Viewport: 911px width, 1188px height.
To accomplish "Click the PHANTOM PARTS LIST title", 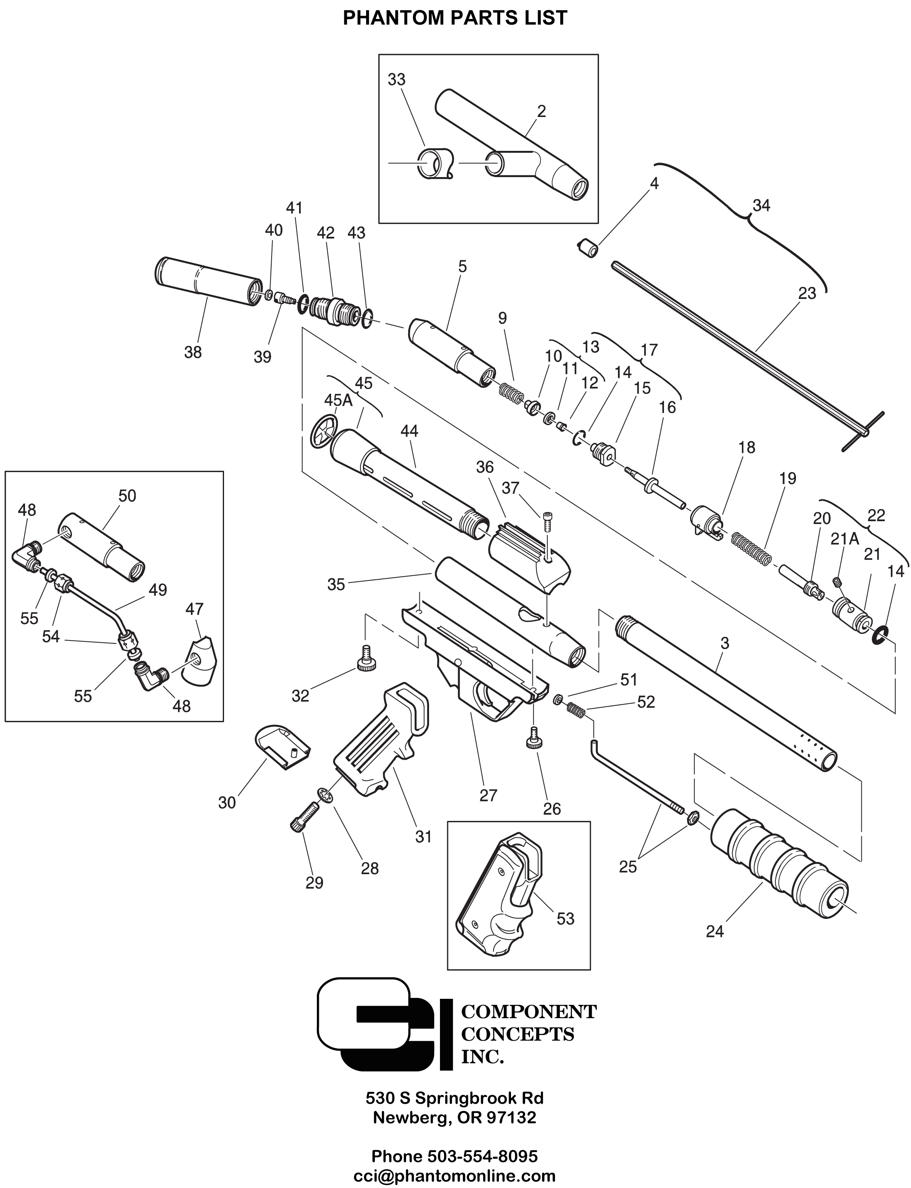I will [455, 17].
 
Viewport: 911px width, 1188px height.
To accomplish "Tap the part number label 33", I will [396, 79].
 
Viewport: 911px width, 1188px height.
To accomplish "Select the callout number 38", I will [193, 352].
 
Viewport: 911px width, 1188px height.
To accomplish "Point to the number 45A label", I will [338, 400].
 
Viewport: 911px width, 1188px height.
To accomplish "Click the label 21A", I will [845, 539].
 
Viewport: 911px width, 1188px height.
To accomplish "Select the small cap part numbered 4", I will [587, 249].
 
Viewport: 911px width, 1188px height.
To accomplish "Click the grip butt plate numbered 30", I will [282, 748].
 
